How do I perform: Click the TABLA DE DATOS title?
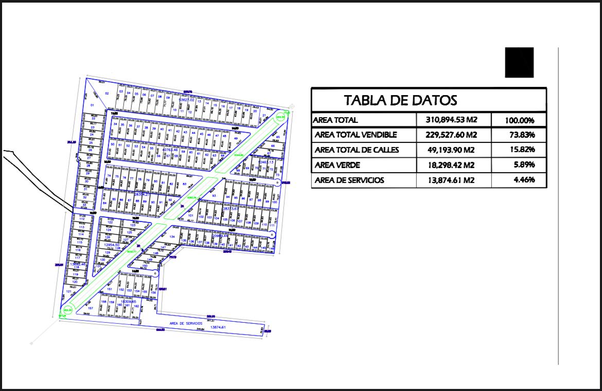click(400, 100)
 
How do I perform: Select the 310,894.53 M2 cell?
click(452, 120)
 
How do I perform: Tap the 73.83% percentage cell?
click(520, 135)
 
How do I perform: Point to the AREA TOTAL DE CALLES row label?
click(357, 150)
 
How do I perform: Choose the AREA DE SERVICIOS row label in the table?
click(349, 180)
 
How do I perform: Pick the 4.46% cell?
click(524, 180)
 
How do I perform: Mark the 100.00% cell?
click(519, 121)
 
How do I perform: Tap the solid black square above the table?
click(519, 62)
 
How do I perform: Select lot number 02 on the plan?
click(107, 93)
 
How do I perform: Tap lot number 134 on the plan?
click(180, 236)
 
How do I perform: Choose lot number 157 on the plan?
click(91, 308)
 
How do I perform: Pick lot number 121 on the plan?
click(68, 291)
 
